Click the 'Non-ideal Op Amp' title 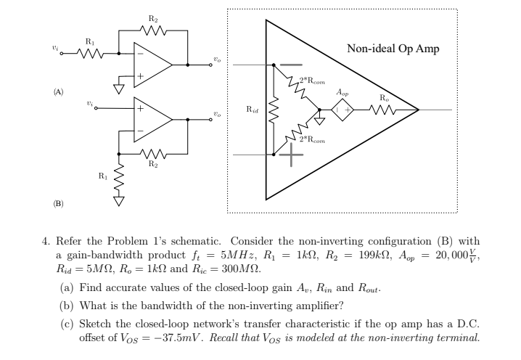tap(393, 49)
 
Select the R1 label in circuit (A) tap(90, 41)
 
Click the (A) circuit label tap(57, 92)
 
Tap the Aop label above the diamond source tap(342, 92)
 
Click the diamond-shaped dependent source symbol tap(342, 110)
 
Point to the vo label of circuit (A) tap(216, 59)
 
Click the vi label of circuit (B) tap(89, 104)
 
